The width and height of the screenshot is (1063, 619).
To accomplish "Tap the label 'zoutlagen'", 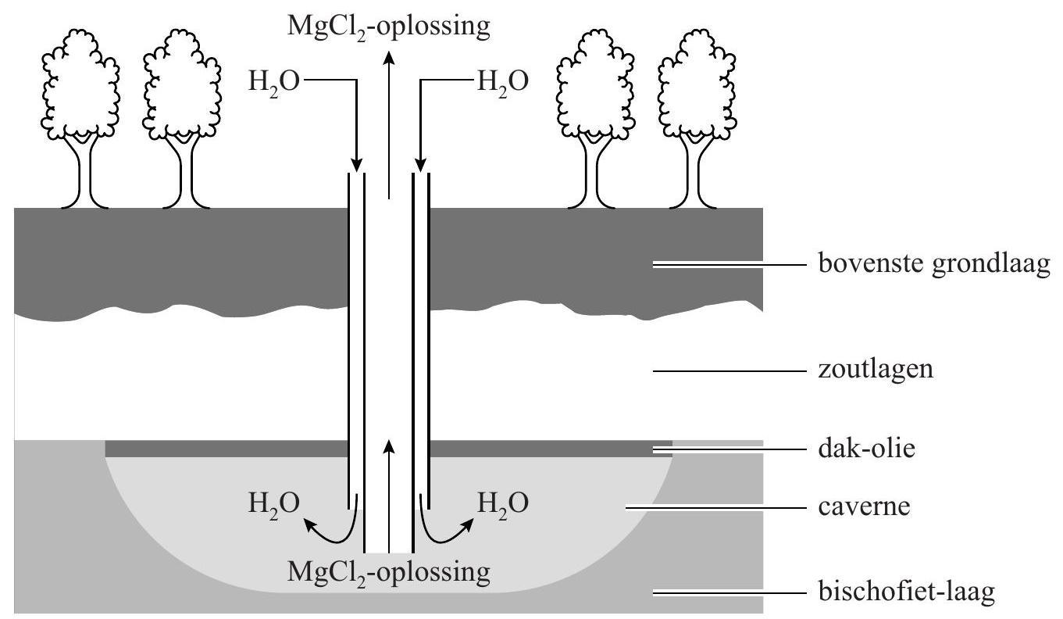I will point(876,369).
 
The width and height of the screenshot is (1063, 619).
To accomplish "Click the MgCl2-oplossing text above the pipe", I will point(389,26).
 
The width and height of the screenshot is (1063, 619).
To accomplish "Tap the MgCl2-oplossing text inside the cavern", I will point(389,572).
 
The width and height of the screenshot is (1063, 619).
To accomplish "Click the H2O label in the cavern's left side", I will point(273,503).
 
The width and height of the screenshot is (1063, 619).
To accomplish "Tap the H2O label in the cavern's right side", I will point(502,503).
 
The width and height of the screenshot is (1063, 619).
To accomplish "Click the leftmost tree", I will point(80,117).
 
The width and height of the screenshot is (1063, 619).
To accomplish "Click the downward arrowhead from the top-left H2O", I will point(356,164).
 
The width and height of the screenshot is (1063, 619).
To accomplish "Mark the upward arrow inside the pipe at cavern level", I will point(389,477).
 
